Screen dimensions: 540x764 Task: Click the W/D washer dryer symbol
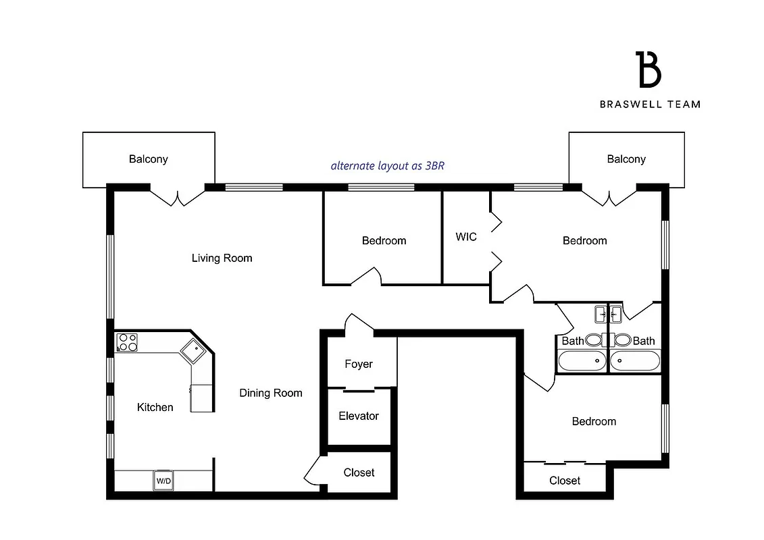point(163,481)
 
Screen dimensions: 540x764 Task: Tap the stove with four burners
point(127,342)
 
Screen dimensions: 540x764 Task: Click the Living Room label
point(222,258)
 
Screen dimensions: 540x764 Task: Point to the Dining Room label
point(270,393)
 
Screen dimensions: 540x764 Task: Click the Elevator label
point(359,416)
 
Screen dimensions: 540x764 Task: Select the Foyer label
point(359,364)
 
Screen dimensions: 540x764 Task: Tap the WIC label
point(466,237)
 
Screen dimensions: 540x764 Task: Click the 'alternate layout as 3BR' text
point(387,165)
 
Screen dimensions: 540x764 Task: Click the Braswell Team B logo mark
point(649,69)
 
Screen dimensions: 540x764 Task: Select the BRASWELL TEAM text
point(650,104)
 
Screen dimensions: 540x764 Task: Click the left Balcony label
point(149,159)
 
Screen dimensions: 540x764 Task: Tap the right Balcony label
point(626,159)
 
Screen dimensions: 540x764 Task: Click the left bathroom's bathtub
point(582,361)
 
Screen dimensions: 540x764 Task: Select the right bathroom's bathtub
point(634,361)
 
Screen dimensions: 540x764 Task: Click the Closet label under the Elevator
point(359,473)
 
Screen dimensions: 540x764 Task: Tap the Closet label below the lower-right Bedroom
point(565,481)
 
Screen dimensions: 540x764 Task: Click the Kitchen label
point(155,407)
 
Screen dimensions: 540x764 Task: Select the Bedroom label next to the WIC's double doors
point(584,240)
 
